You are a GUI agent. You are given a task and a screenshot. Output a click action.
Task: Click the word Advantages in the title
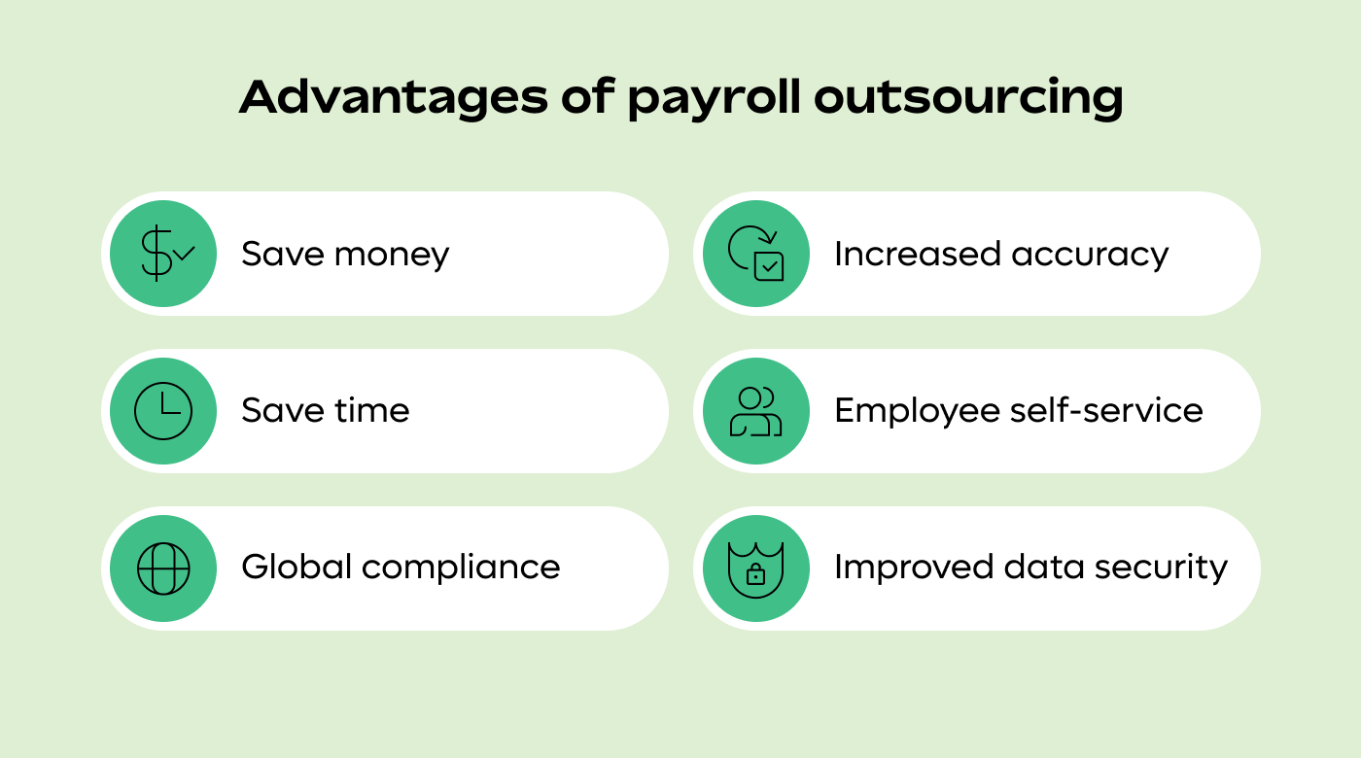394,97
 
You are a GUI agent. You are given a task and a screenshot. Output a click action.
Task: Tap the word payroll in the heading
714,99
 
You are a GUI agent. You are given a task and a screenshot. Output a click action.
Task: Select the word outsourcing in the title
968,99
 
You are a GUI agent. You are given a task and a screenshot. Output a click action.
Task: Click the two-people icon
756,413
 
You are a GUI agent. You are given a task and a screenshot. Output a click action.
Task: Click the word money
392,255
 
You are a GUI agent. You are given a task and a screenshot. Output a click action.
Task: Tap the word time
372,410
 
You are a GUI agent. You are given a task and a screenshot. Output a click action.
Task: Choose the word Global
297,567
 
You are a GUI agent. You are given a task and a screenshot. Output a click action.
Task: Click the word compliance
461,568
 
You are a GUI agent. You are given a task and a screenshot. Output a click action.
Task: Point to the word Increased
918,254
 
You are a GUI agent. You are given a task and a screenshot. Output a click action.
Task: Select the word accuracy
1090,255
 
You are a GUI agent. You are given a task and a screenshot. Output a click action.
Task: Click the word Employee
918,412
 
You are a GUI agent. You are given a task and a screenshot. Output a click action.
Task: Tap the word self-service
1106,410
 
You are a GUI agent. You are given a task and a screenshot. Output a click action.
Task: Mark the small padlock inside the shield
756,574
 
